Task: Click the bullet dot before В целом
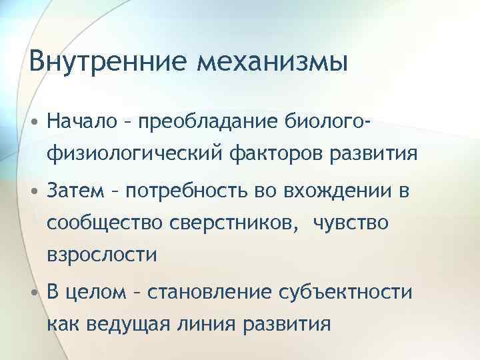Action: tap(33, 293)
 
